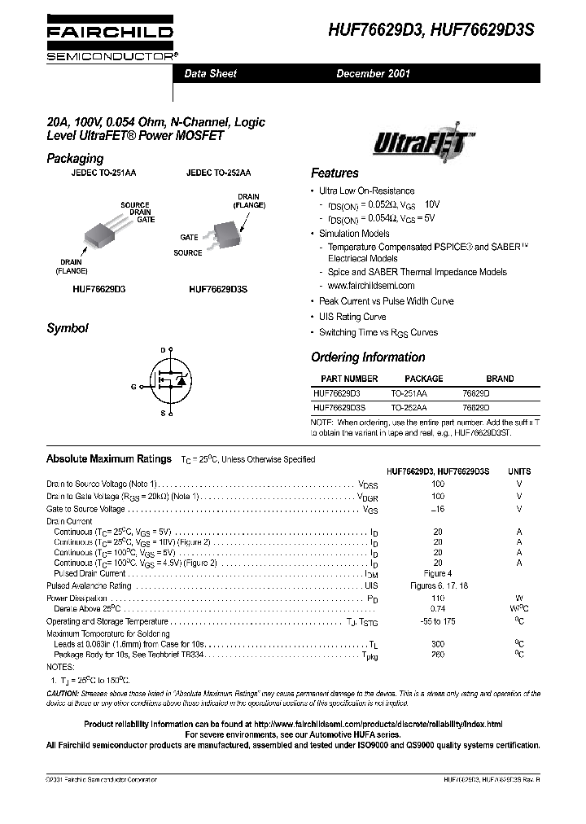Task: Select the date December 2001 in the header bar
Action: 374,73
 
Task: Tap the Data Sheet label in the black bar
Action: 210,73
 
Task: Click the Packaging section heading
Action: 75,158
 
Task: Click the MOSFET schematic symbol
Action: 170,381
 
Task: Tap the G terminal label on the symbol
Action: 133,387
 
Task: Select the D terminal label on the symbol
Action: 162,349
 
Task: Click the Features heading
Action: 335,173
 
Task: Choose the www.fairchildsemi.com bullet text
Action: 371,286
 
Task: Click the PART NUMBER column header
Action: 349,379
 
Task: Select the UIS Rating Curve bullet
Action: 352,317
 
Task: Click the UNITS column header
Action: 519,471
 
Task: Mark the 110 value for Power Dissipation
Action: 438,598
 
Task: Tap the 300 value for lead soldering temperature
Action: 438,643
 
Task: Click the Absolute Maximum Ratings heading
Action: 109,459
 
